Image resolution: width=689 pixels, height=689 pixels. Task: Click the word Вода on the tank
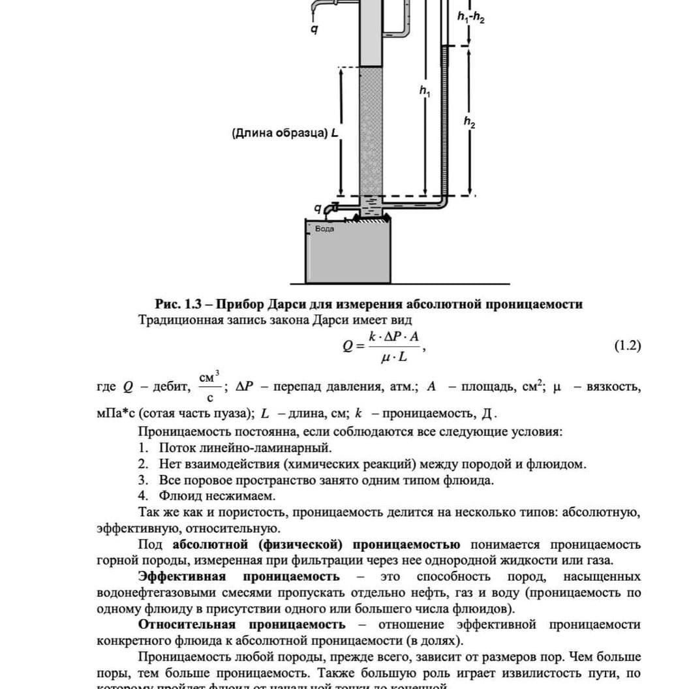(x=324, y=229)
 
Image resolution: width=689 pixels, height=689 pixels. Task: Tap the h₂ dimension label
(x=469, y=121)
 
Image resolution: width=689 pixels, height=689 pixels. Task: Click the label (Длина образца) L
(x=286, y=133)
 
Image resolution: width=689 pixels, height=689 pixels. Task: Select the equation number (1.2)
(x=628, y=346)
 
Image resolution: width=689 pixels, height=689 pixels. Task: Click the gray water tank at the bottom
(x=349, y=254)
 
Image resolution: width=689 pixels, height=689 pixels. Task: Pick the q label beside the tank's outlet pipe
(x=318, y=209)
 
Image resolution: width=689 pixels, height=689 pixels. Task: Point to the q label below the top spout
(x=314, y=29)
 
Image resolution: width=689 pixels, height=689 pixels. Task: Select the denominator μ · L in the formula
(x=394, y=357)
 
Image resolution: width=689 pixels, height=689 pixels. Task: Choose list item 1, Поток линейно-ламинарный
(x=245, y=448)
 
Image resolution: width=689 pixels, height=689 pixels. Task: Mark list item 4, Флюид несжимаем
(x=217, y=497)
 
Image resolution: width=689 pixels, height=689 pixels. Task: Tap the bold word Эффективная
(x=181, y=577)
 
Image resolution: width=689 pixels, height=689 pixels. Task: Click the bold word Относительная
(x=186, y=625)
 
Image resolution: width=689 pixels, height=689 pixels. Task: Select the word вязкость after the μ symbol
(x=613, y=387)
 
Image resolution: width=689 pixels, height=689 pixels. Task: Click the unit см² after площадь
(x=530, y=386)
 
